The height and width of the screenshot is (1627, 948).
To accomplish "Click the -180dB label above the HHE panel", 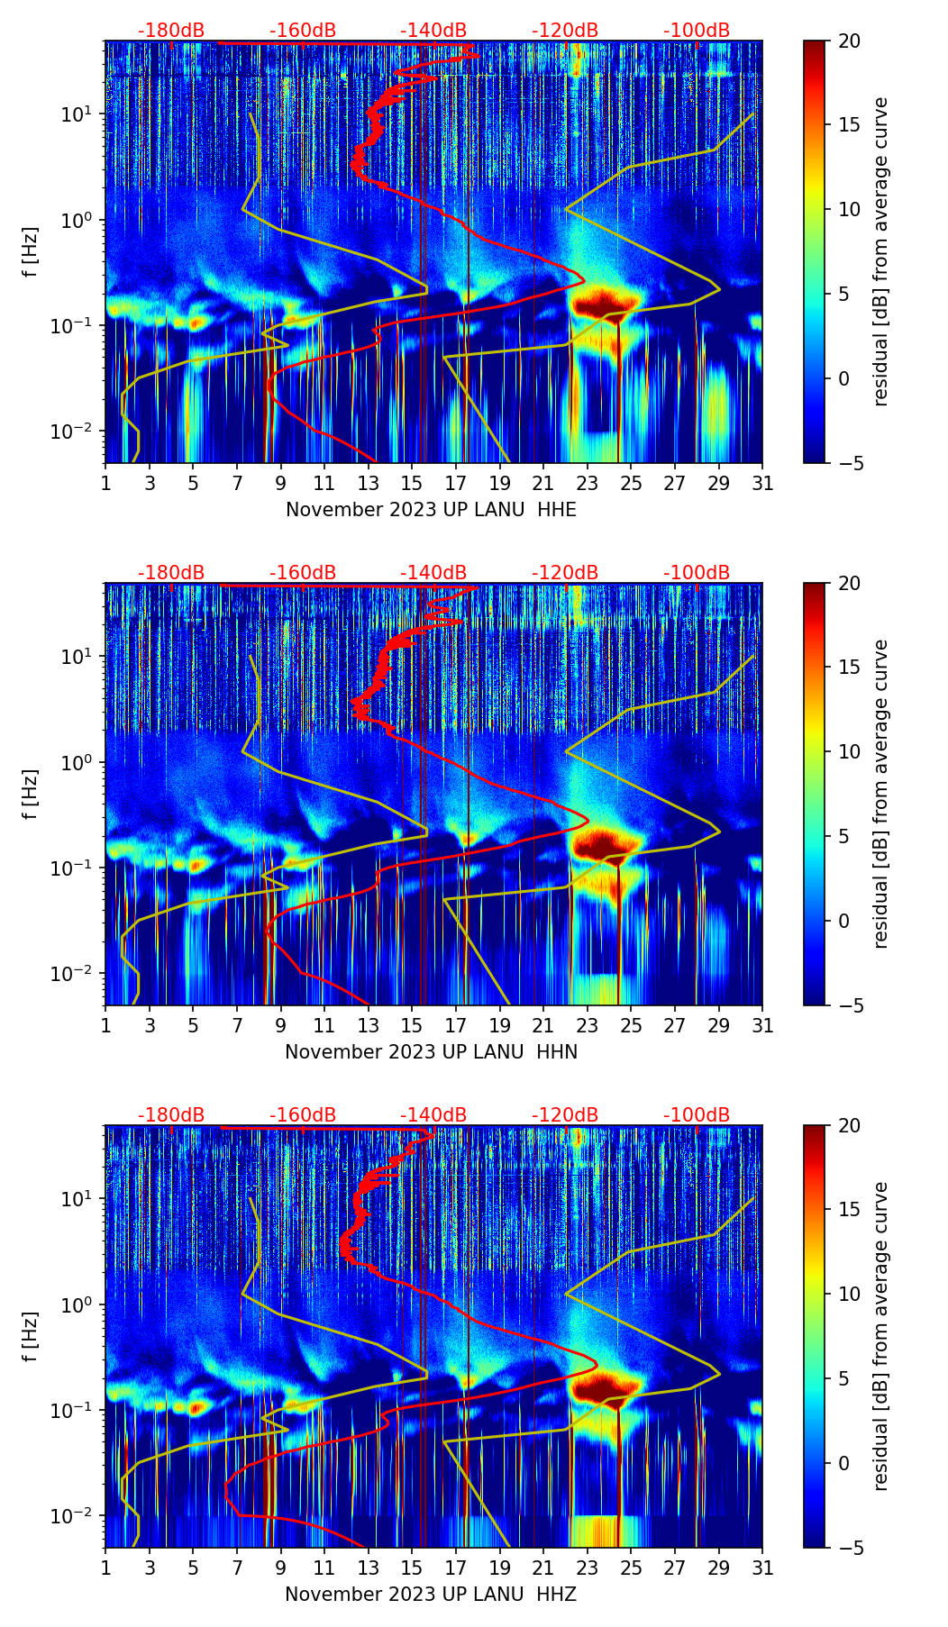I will coord(171,31).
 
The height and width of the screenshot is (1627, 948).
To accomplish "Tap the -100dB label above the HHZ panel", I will coord(697,1115).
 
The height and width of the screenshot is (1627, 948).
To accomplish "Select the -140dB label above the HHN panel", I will coord(433,573).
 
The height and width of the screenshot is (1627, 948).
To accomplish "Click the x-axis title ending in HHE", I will coord(431,510).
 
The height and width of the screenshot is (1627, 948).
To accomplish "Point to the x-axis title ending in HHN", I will coord(431,1052).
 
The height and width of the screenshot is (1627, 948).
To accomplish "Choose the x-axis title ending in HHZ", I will coord(431,1595).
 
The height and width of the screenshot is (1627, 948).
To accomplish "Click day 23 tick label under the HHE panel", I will coord(587,484).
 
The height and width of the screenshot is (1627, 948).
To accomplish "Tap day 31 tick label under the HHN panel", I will coord(761,1026).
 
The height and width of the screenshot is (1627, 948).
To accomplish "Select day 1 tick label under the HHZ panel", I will coord(105,1568).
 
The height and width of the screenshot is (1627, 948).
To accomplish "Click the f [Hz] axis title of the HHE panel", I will coord(31,251).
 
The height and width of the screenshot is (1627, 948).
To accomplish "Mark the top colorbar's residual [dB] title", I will coord(880,251).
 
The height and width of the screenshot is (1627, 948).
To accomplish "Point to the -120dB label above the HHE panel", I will coord(565,31).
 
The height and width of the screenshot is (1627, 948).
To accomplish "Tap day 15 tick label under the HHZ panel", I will coord(412,1568).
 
